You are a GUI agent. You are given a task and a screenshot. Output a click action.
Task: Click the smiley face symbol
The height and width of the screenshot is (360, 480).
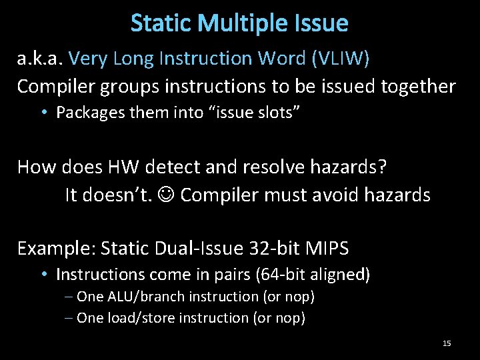(167, 195)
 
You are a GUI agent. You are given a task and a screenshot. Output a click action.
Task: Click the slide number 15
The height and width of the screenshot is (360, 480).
(447, 343)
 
